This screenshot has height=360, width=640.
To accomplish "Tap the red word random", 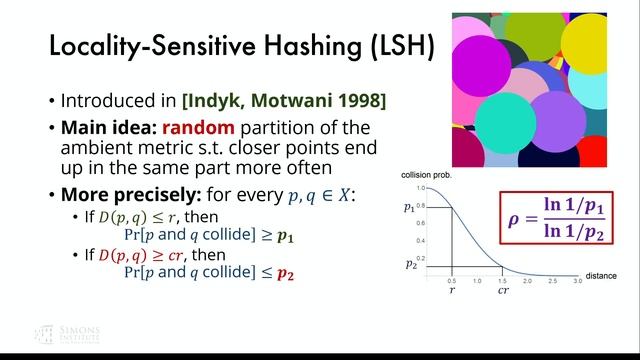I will coord(194,128).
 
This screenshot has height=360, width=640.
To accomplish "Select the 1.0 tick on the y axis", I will coord(421,188).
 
